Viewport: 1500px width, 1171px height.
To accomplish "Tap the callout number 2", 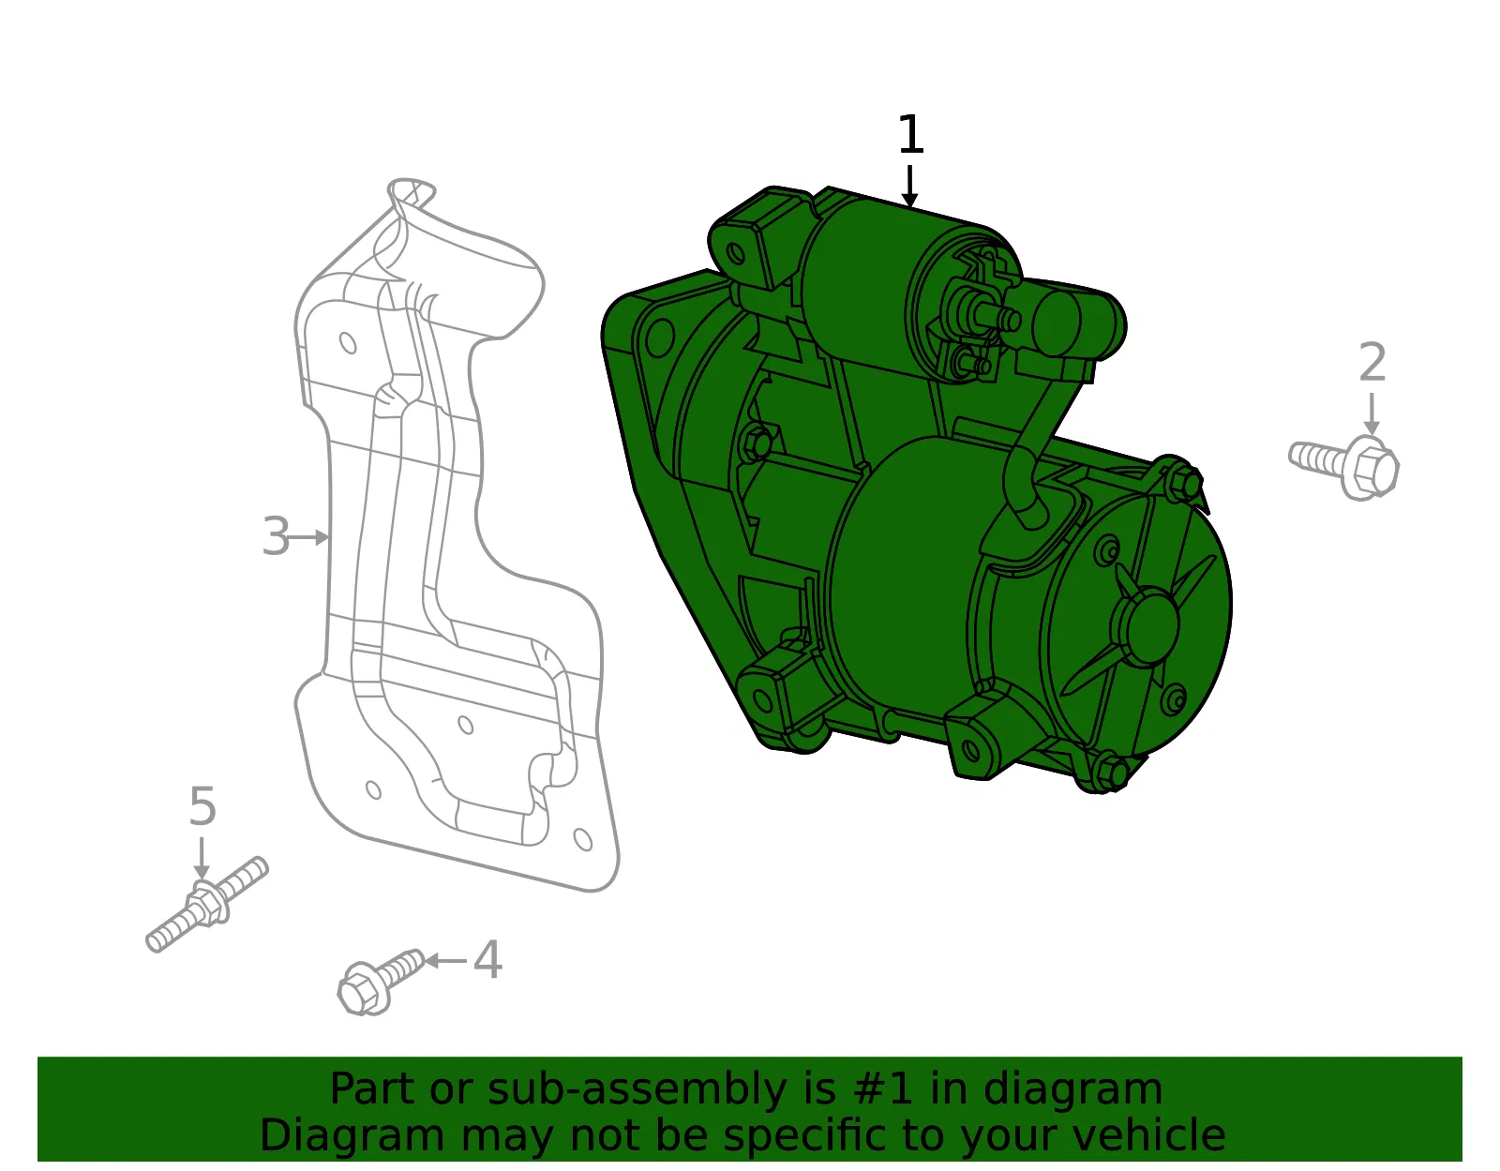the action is tap(1372, 362).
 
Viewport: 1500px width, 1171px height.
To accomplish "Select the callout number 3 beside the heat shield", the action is tap(277, 536).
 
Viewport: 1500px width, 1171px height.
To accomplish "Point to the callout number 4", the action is tap(487, 960).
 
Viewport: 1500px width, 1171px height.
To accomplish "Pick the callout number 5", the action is tap(202, 806).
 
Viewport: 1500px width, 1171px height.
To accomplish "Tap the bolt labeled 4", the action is tap(381, 982).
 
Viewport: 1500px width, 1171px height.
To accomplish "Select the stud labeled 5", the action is tap(207, 904).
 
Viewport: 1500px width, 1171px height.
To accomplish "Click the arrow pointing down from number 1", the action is tap(909, 186).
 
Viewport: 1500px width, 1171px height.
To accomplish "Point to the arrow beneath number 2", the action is tap(1372, 414).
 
